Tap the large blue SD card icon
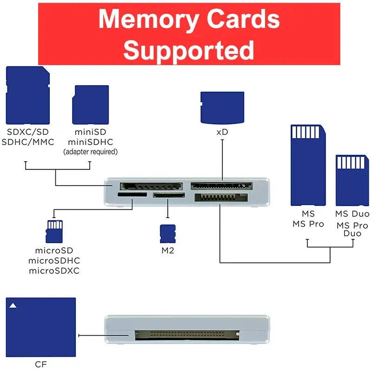[x=28, y=94]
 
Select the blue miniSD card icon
[x=90, y=104]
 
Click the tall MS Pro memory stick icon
[x=307, y=165]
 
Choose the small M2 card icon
[x=167, y=233]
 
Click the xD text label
[x=222, y=132]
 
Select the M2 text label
[x=167, y=251]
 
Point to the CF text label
[x=40, y=364]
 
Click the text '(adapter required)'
[x=90, y=152]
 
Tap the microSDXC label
[x=53, y=271]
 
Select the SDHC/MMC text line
[x=28, y=142]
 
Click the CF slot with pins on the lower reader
[x=186, y=334]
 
